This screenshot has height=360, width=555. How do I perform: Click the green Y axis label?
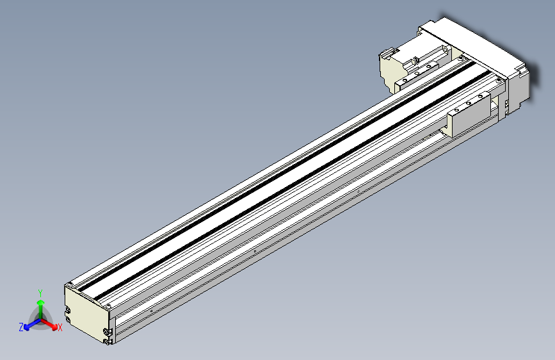(40, 291)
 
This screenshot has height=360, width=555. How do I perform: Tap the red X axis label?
(60, 328)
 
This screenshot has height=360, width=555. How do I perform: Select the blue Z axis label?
(21, 327)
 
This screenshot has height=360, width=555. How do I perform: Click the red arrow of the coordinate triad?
(51, 322)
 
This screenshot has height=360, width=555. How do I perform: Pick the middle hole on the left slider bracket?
(417, 73)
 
